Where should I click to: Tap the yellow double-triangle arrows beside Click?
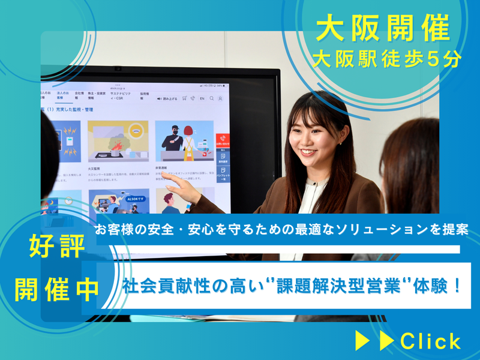pyautogui.click(x=375, y=341)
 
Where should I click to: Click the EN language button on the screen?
pyautogui.click(x=202, y=98)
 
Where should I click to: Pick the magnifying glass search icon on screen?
pyautogui.click(x=212, y=98)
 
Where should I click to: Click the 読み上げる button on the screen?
pyautogui.click(x=167, y=98)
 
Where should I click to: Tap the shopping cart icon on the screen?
pyautogui.click(x=184, y=98)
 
